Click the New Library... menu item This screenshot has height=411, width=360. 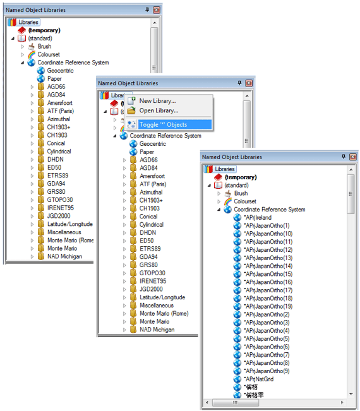point(157,101)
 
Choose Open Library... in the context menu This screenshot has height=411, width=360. point(159,110)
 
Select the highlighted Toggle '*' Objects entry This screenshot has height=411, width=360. point(163,124)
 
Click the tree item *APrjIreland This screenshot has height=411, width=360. point(258,218)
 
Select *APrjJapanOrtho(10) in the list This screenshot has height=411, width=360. point(268,234)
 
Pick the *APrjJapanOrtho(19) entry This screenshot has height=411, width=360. point(268,306)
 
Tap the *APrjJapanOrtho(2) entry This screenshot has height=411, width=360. point(267,314)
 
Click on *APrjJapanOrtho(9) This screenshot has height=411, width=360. point(267,371)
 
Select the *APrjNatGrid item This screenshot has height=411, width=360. point(258,379)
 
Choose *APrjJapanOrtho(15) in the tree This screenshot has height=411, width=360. point(268,274)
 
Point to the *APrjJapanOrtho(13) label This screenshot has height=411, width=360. point(268,258)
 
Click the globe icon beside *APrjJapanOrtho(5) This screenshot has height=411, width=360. point(237,338)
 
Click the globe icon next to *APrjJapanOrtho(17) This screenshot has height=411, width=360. point(237,290)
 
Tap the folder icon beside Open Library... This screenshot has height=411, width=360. point(131,110)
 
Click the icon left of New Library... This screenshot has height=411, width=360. point(131,101)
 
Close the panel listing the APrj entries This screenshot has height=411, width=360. point(353,157)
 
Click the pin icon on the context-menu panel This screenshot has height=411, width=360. point(239,83)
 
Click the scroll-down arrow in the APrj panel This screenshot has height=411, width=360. point(351,394)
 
